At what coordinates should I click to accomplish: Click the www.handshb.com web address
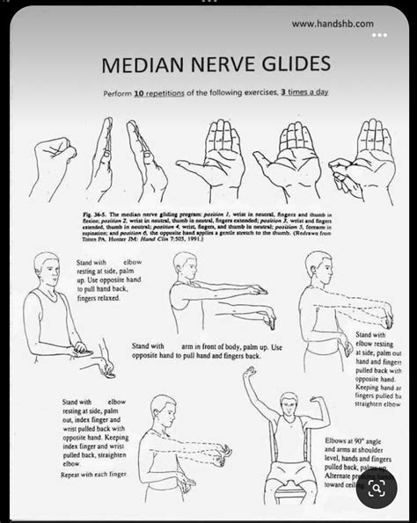(x=332, y=24)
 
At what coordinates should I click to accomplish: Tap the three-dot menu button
(x=379, y=36)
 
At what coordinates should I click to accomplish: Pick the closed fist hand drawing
(x=54, y=163)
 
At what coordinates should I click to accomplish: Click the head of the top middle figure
(x=185, y=265)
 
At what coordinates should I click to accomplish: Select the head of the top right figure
(x=318, y=265)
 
